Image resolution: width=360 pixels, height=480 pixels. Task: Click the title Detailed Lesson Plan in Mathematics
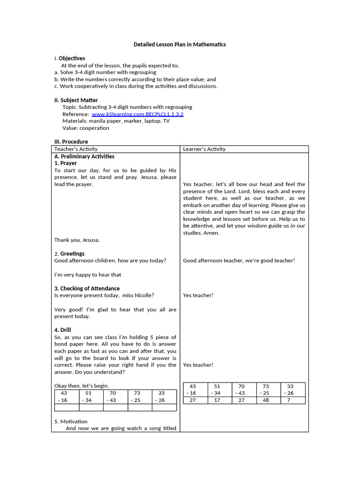(180, 45)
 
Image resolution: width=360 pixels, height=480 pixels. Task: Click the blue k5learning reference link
(137, 114)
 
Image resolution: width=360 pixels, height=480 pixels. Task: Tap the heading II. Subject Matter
(76, 100)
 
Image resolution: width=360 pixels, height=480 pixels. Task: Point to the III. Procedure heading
(71, 142)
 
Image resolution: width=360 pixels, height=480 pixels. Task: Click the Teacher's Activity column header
(76, 149)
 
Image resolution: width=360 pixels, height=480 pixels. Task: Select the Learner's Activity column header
(204, 149)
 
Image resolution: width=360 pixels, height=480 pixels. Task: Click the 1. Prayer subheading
(66, 163)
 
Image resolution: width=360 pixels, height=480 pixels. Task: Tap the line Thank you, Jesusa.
(77, 240)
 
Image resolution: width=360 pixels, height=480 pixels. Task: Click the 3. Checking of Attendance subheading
(87, 288)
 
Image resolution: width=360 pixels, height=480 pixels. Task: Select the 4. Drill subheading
(62, 330)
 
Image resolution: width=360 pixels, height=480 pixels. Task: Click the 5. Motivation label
(71, 421)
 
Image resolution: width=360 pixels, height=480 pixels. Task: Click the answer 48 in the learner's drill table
(266, 400)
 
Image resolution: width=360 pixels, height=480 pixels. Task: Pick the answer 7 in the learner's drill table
(289, 400)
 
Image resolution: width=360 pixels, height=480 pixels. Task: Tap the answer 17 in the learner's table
(217, 400)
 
